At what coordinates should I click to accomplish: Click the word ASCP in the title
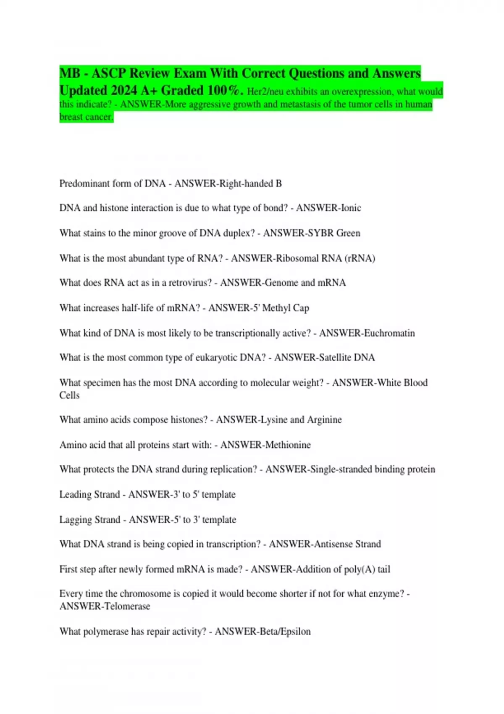tap(108, 73)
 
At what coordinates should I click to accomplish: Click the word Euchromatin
tap(389, 333)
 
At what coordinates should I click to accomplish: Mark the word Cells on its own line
tap(69, 395)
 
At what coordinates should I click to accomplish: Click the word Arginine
tap(324, 420)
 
